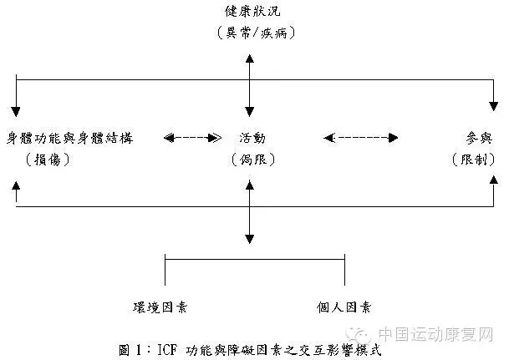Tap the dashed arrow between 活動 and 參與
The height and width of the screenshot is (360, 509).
[361, 136]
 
